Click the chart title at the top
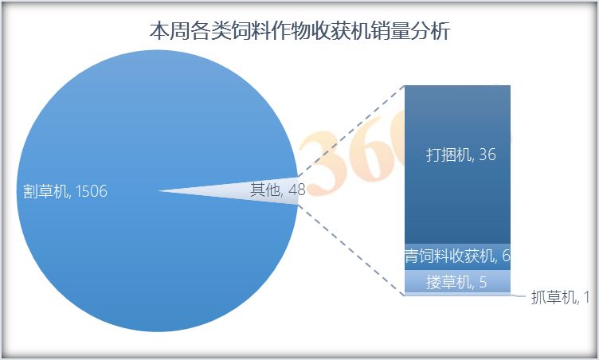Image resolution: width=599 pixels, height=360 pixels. click(x=299, y=30)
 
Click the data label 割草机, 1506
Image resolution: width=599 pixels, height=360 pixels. click(x=65, y=191)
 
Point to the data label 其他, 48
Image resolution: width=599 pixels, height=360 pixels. click(x=278, y=190)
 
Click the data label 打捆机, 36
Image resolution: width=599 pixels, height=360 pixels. click(x=461, y=155)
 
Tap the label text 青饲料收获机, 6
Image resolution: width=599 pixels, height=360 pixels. click(x=457, y=256)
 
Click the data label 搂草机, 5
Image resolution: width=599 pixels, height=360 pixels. click(x=456, y=283)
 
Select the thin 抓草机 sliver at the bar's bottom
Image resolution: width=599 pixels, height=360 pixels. click(x=457, y=294)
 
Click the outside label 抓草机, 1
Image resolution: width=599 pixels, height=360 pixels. click(x=561, y=297)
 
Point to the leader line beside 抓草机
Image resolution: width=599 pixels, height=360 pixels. click(x=519, y=295)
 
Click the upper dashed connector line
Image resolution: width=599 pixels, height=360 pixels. click(x=350, y=131)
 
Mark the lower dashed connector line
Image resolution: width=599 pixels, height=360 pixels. click(x=350, y=250)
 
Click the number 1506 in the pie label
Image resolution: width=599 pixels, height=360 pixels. click(x=92, y=191)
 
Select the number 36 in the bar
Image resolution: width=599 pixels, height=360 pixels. click(x=487, y=155)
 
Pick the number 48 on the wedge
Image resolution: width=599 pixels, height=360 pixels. click(x=297, y=190)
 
